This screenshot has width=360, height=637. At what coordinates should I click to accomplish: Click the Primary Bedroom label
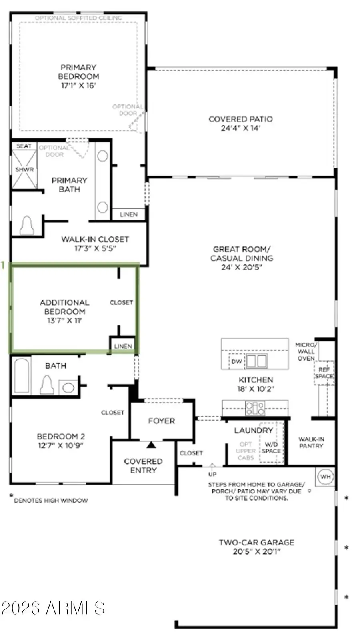79,72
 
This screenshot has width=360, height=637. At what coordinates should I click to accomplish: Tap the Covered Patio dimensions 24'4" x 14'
240,128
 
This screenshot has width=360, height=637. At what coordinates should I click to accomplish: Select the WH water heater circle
325,477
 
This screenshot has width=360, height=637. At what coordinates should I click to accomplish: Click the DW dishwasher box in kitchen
237,361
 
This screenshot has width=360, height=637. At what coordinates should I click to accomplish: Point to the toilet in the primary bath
27,226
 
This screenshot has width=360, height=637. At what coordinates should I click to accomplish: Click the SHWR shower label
24,170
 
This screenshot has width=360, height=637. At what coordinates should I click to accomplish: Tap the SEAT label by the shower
24,146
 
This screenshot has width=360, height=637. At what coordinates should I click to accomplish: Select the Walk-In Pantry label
311,442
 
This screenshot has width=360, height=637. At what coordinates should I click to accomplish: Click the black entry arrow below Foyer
151,445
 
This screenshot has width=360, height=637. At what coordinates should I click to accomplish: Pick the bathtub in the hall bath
22,376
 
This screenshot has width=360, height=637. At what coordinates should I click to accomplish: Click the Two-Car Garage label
256,543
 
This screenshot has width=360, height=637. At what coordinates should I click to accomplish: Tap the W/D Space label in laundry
271,447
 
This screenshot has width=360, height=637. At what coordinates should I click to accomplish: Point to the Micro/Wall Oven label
306,351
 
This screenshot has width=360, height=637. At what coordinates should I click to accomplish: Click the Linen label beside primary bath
129,214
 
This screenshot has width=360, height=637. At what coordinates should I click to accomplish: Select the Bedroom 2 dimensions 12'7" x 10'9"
61,445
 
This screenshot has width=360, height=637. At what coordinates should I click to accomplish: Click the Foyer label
161,421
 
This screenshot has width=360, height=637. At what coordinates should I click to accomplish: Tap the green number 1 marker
3,265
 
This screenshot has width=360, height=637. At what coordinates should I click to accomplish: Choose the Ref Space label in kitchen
324,373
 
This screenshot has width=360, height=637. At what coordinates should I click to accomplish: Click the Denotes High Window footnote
50,500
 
